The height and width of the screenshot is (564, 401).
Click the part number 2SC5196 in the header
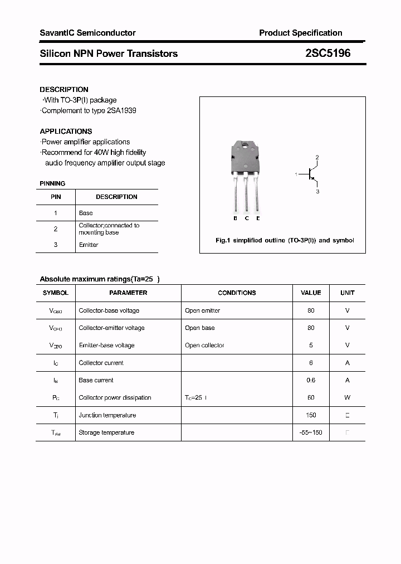tap(327, 54)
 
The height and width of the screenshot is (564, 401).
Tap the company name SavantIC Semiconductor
tap(87, 33)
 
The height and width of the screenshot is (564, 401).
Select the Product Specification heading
tap(300, 33)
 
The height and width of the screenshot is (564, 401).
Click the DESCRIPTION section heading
tap(64, 89)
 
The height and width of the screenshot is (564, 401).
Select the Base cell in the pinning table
tap(86, 213)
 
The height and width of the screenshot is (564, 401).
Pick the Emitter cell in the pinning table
tap(89, 245)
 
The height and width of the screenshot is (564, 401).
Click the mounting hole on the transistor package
tap(246, 146)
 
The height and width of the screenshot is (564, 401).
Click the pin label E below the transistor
tap(258, 218)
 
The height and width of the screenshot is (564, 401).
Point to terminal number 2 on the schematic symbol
tap(317, 158)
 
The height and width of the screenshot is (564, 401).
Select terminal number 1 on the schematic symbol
tap(296, 175)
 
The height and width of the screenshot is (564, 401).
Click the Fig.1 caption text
tap(284, 241)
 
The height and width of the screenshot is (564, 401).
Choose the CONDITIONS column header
tap(237, 293)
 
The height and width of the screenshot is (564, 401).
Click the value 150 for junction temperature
tap(311, 415)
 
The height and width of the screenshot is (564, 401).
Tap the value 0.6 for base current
tap(311, 380)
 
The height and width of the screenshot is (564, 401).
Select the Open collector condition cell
tap(204, 346)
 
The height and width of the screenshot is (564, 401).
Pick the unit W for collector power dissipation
tap(347, 398)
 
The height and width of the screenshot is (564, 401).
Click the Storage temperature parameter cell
tap(106, 432)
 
